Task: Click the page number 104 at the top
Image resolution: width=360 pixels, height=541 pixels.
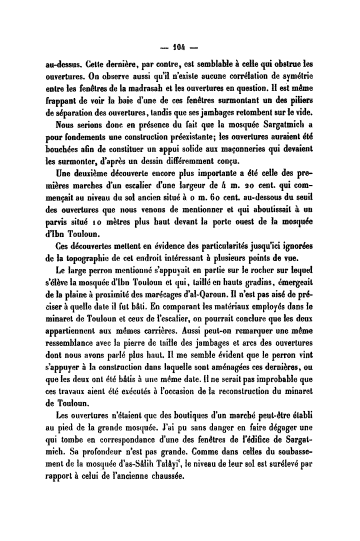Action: (180, 49)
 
